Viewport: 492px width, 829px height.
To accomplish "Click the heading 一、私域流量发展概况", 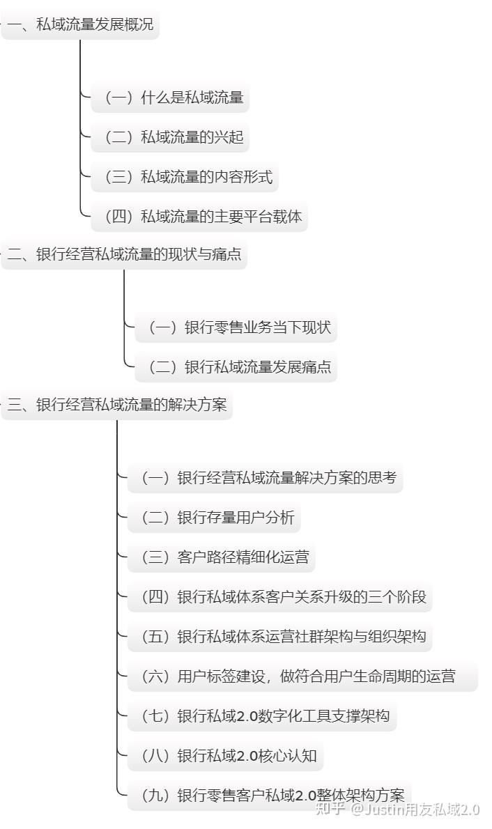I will [x=80, y=26].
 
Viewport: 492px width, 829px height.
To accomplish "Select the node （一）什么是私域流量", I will [x=171, y=98].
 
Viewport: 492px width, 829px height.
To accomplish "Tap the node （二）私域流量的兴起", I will [x=171, y=137].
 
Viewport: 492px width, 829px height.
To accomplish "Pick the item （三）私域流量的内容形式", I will [x=185, y=177].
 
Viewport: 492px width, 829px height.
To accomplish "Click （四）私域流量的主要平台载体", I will [x=200, y=217].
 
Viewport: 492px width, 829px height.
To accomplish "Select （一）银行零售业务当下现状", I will [x=237, y=327].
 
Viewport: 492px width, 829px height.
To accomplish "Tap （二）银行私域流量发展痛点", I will [x=237, y=367].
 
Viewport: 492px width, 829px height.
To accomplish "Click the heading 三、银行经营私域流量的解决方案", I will [x=116, y=405].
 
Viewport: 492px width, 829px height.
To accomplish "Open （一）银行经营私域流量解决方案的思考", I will [x=266, y=478].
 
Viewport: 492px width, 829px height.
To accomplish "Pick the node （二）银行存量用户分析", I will [x=215, y=518].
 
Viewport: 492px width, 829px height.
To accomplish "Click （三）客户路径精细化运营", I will [x=222, y=557].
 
